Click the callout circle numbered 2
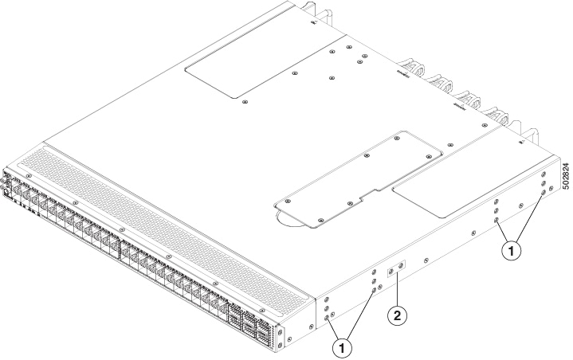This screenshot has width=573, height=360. coord(396,316)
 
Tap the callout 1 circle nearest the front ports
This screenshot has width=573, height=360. coord(343,347)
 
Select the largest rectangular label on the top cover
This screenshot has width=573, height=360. coord(265,66)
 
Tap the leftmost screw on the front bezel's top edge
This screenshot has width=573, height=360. coord(29,174)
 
